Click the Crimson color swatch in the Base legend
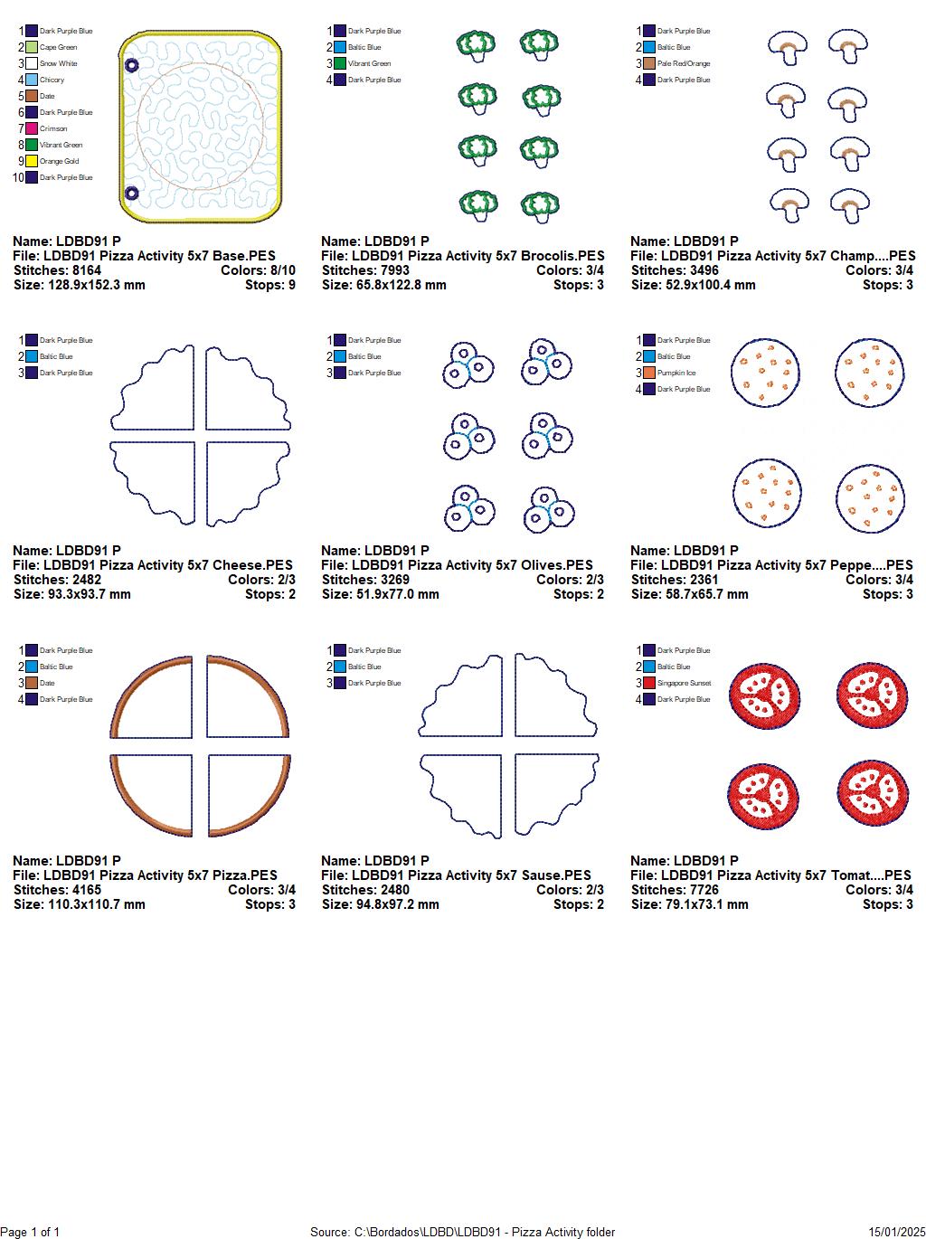(x=32, y=128)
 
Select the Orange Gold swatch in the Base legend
(x=32, y=161)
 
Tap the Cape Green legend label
(x=58, y=47)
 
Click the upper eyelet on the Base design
(x=131, y=66)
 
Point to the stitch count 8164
(x=81, y=270)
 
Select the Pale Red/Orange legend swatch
(x=649, y=63)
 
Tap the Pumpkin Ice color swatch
(x=649, y=373)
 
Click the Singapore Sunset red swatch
(x=649, y=683)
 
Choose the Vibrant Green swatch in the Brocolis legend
(x=340, y=63)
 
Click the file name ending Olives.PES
(x=457, y=565)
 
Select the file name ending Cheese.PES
(x=153, y=565)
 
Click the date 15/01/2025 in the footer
(x=897, y=1232)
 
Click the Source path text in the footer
(x=462, y=1232)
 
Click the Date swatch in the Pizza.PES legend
(x=32, y=683)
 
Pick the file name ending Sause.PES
(x=456, y=875)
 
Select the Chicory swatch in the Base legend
(x=32, y=80)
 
